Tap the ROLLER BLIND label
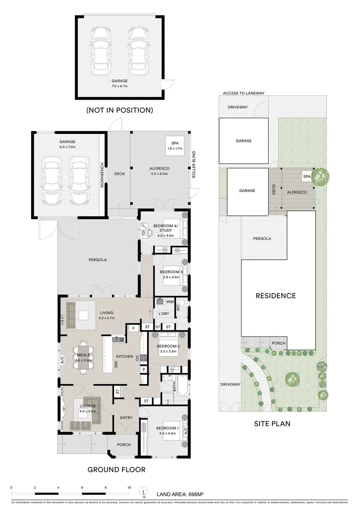193,165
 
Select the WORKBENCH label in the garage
101,176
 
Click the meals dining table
83,357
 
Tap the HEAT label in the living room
62,319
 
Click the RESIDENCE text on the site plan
276,296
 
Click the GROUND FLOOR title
116,469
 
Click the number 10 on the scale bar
129,488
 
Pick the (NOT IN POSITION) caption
119,110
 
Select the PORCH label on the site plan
278,343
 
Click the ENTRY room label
126,418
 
